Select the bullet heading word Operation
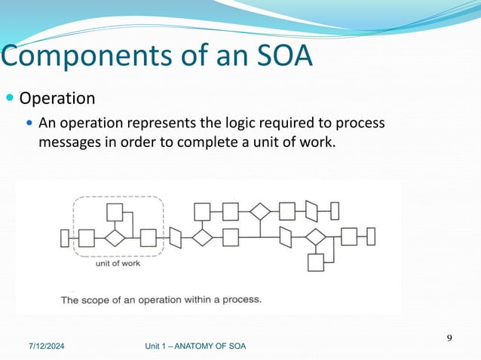[57, 99]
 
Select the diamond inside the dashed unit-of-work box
[115, 238]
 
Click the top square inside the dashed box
[115, 212]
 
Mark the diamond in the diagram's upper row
[260, 211]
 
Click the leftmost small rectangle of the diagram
[64, 238]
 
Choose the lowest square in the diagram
[315, 262]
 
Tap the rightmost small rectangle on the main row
[370, 236]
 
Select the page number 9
[449, 337]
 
